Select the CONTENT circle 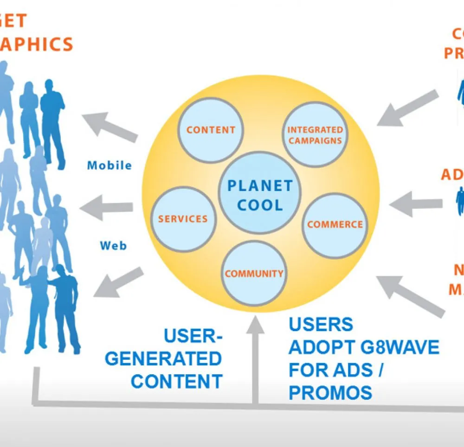tap(211, 129)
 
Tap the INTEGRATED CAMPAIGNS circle tap(315, 134)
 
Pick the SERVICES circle tap(183, 219)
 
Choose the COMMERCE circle tap(335, 225)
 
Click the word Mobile tap(110, 166)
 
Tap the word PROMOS tap(330, 392)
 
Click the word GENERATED tap(163, 359)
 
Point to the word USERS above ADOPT tap(321, 325)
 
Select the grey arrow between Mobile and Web tap(107, 208)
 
